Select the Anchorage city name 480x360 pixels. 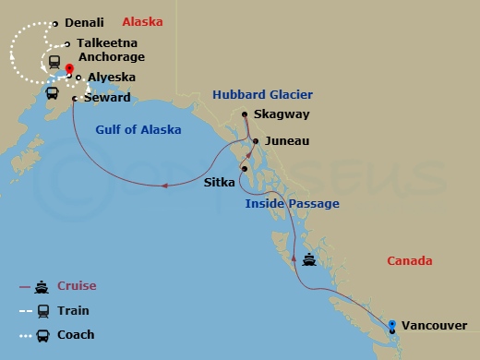112,57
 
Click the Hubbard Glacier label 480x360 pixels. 262,94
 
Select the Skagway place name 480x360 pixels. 282,114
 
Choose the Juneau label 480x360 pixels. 286,141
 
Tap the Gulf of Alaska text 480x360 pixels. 138,129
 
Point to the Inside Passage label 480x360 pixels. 292,203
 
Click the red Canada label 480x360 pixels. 409,261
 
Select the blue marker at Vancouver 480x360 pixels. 392,325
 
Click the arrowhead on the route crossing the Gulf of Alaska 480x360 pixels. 164,186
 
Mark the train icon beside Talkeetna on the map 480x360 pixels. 54,63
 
